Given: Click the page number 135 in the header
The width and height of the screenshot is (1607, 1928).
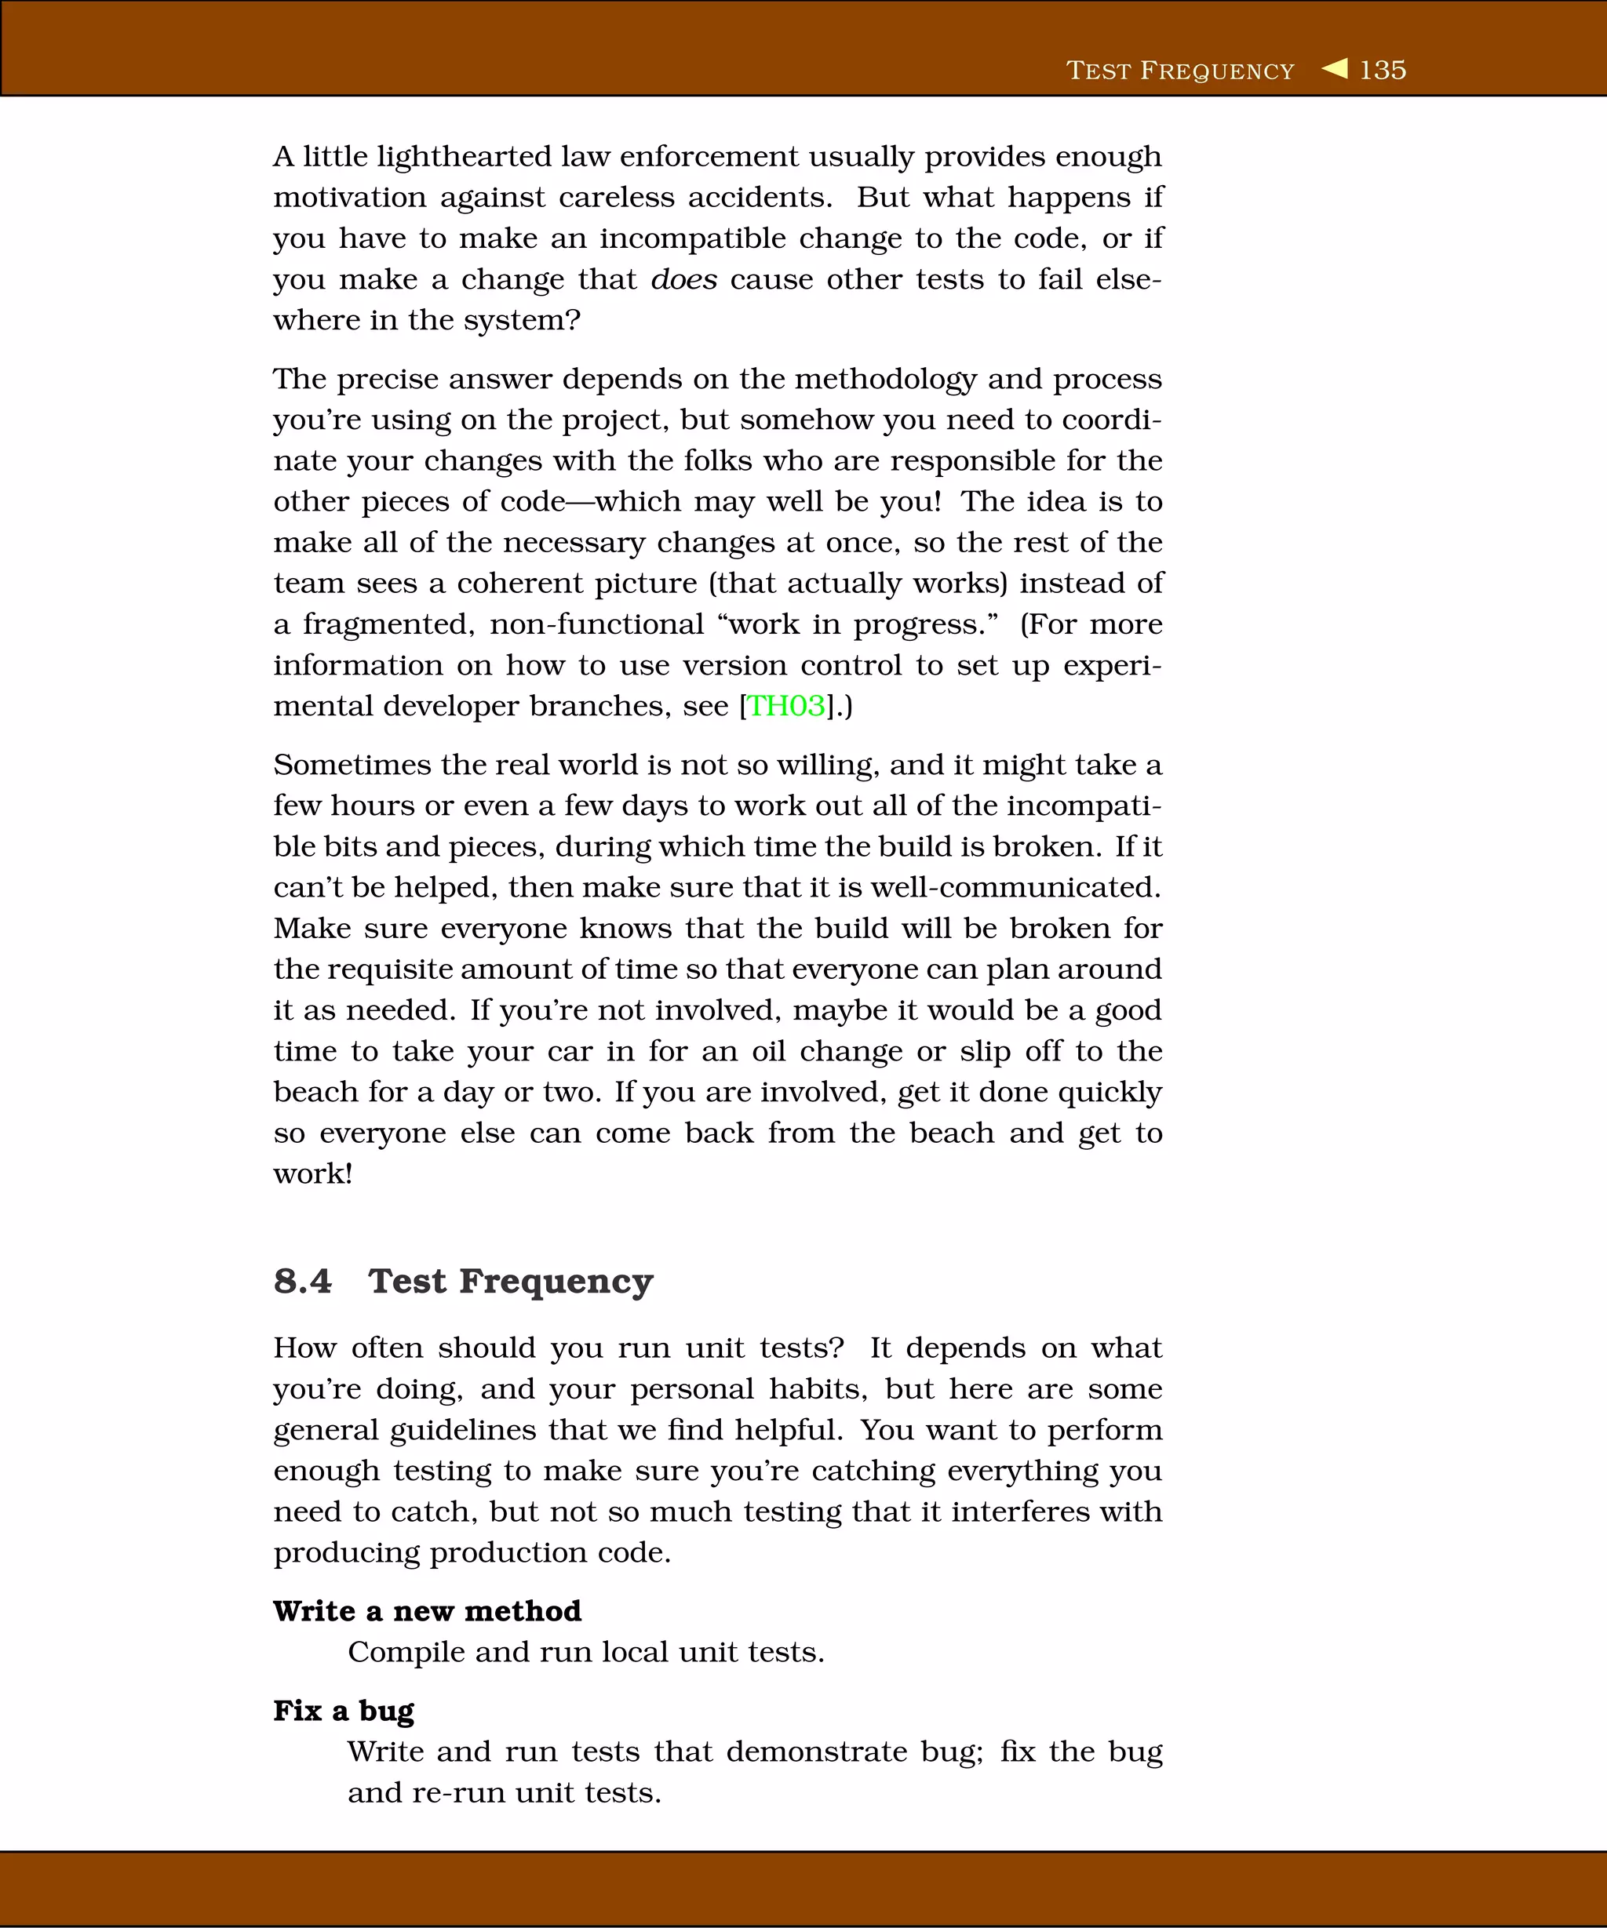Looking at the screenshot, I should tap(1382, 70).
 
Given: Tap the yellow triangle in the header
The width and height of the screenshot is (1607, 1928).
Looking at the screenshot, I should tap(1336, 69).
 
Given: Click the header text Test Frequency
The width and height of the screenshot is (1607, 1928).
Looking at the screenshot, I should tap(1180, 71).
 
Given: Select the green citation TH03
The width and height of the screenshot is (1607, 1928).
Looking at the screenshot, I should tap(786, 706).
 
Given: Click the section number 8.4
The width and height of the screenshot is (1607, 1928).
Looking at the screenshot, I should tap(302, 1281).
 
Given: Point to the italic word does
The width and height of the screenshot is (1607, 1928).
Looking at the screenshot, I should tap(683, 279).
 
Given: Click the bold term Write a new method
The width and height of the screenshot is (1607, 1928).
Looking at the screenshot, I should tap(427, 1611).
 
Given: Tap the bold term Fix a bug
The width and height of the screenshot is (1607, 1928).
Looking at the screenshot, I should tap(344, 1711).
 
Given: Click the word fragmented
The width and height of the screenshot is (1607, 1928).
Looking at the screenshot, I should tap(388, 625).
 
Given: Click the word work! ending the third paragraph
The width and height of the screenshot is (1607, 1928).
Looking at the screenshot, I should tap(313, 1174).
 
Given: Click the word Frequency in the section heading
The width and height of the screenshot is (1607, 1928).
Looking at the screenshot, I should tap(556, 1282).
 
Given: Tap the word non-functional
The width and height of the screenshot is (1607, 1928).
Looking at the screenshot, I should tap(596, 624).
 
